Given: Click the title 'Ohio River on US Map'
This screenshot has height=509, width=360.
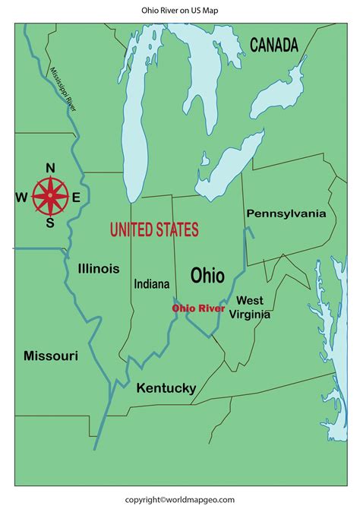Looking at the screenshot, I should (x=179, y=11).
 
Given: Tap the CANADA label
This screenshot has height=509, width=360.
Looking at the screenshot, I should (x=273, y=45).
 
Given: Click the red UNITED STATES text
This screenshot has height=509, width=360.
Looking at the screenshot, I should (x=154, y=229).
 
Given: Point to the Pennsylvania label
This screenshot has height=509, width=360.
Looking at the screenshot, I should (x=286, y=213).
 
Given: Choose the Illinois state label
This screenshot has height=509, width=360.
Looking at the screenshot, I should (x=98, y=268).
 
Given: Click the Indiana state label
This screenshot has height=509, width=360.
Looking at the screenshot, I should (x=152, y=283).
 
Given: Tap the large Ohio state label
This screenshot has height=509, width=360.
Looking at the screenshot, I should (x=207, y=275).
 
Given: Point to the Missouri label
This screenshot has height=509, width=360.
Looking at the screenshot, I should (x=50, y=356).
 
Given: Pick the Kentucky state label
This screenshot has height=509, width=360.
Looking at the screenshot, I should (x=166, y=388).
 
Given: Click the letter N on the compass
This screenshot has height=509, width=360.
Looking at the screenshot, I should (x=50, y=169).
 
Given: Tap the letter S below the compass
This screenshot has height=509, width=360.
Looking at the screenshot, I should (x=50, y=223).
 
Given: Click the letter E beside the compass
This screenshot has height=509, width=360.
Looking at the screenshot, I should (x=76, y=197).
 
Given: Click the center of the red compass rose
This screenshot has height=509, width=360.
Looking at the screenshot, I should (x=50, y=195).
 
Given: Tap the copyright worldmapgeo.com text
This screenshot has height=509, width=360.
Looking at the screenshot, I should (x=179, y=499).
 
